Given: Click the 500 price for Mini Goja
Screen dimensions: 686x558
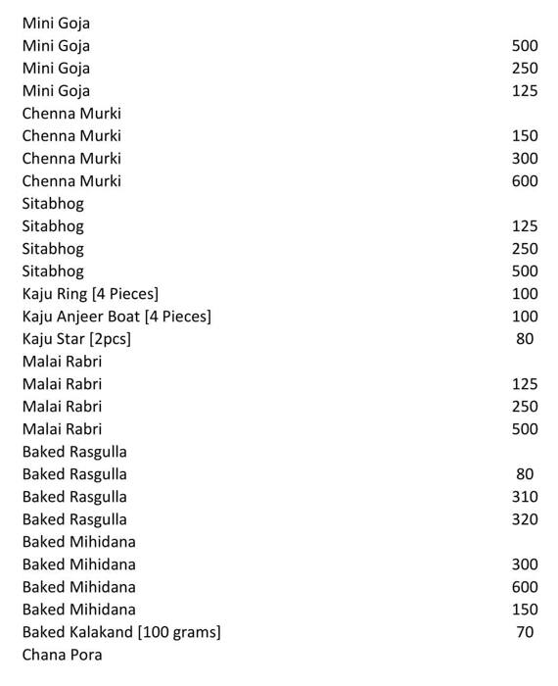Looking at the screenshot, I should click(525, 46).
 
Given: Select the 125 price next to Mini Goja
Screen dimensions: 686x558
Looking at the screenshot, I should click(525, 91).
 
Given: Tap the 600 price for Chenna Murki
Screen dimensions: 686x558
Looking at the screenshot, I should click(525, 181).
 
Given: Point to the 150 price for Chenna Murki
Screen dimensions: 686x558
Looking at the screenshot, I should click(525, 136).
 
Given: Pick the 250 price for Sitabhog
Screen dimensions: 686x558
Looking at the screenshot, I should click(525, 249).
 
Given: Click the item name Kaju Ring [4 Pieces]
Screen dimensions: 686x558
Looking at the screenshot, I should click(90, 294).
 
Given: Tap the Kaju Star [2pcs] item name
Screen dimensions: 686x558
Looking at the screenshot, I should click(76, 339).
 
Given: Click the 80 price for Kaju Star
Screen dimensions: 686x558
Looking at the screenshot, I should click(525, 339).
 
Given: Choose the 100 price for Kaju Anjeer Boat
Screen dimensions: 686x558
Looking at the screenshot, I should click(525, 317).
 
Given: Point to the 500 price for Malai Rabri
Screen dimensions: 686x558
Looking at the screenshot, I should click(525, 429).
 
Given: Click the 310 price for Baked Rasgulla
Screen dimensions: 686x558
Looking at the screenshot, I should click(525, 497).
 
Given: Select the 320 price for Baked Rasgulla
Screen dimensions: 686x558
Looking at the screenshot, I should click(525, 519).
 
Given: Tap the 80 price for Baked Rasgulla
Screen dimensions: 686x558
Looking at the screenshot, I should click(525, 474).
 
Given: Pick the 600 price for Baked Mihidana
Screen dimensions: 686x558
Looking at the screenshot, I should click(525, 587).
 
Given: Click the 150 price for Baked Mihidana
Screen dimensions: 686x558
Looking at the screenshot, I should click(525, 610).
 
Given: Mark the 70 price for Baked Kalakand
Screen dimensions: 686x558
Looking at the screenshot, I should click(525, 632).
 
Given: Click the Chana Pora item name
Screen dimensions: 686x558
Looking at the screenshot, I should click(62, 655).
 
